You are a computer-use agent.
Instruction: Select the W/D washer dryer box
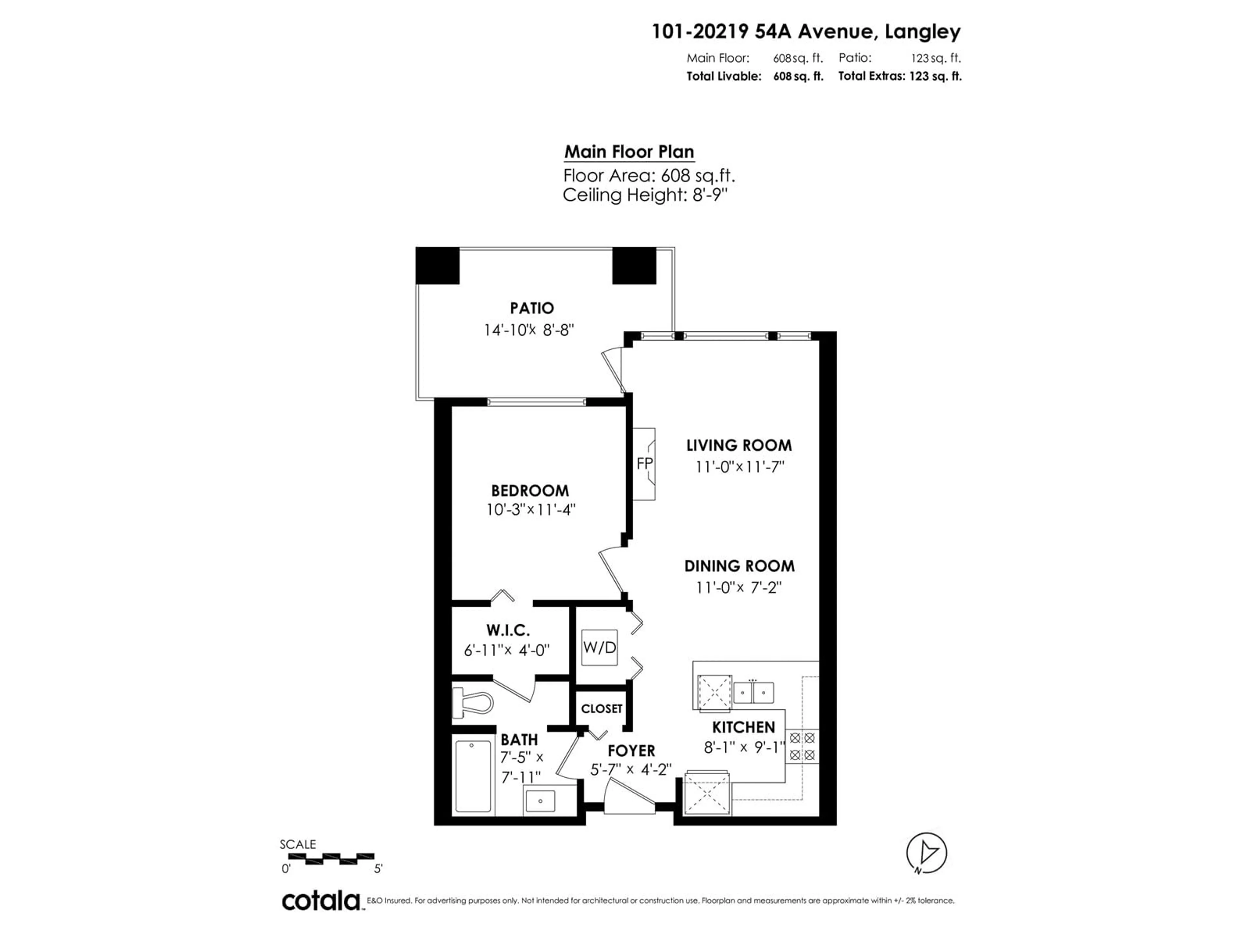[599, 647]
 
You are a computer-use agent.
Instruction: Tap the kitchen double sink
[753, 692]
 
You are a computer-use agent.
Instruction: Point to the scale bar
[331, 859]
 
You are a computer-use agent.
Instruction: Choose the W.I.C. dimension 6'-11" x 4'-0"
[506, 651]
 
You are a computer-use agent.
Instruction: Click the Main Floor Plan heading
[629, 152]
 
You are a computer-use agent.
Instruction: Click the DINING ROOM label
[739, 566]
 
